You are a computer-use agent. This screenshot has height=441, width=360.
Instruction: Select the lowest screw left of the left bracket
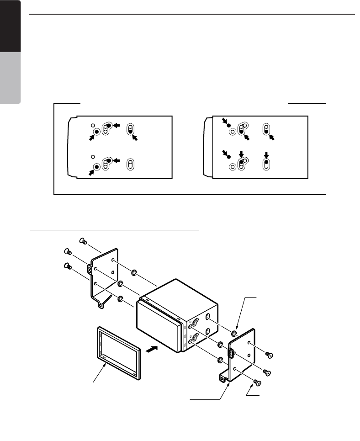click(x=67, y=266)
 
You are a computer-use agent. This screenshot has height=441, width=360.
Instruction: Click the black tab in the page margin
click(x=11, y=26)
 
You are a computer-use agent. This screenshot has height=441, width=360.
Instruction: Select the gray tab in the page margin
click(x=11, y=78)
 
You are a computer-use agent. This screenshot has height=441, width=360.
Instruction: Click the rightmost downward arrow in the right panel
click(x=266, y=156)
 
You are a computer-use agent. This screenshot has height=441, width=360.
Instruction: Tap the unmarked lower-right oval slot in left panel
click(x=131, y=164)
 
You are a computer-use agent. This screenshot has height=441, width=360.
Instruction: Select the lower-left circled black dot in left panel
click(x=97, y=167)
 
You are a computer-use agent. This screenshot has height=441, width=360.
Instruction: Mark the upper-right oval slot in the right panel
click(x=266, y=129)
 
